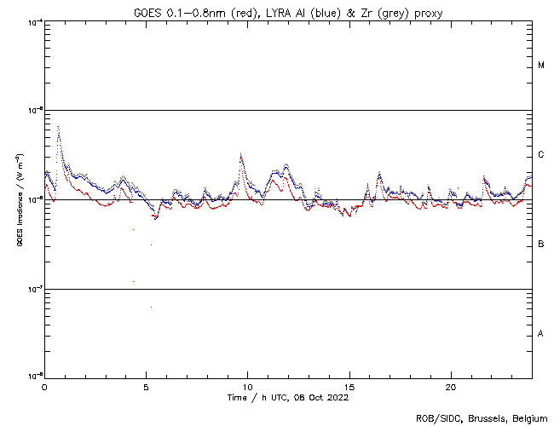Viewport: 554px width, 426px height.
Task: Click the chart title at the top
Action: (x=288, y=11)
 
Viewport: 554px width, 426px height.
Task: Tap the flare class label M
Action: (x=541, y=65)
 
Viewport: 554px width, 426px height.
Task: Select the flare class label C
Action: (x=541, y=154)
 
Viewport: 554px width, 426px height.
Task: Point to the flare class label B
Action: (x=541, y=244)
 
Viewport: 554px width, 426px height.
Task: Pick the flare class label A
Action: (x=541, y=333)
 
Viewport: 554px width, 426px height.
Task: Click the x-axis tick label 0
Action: (x=44, y=387)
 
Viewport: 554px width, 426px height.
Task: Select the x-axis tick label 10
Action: (x=247, y=387)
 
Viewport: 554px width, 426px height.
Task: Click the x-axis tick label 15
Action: (x=349, y=387)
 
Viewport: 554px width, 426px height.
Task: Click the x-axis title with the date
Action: (x=288, y=397)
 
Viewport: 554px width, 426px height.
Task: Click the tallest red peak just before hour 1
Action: (x=58, y=126)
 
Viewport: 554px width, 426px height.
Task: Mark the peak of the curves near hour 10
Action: (x=241, y=154)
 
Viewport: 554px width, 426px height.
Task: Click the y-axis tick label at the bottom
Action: (x=34, y=377)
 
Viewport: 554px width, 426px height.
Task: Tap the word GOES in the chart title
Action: (x=146, y=11)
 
